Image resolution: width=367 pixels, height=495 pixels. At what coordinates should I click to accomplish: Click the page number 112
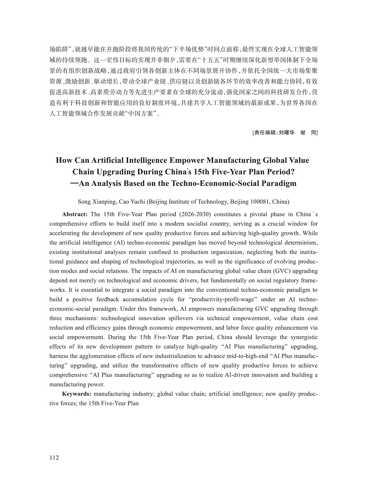pos(54,458)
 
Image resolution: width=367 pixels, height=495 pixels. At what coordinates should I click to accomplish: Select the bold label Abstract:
pos(75,214)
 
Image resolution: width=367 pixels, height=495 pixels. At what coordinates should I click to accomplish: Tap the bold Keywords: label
pos(76,394)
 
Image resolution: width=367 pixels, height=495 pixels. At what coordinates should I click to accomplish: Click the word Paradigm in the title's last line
pos(279,183)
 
